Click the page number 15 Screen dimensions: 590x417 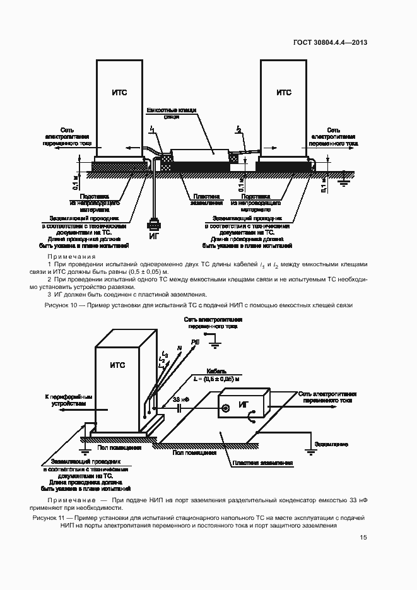click(363, 538)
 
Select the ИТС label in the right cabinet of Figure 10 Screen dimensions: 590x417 click(284, 92)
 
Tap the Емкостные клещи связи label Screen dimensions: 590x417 click(172, 114)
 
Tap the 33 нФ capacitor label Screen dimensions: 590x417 click(180, 400)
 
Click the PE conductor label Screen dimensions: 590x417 click(195, 341)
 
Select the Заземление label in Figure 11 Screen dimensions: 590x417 click(331, 444)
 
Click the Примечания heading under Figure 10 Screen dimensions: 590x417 click(71, 257)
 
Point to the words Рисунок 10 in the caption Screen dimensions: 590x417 click(62, 305)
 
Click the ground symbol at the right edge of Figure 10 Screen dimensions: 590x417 click(344, 182)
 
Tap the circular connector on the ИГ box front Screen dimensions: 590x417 click(225, 408)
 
